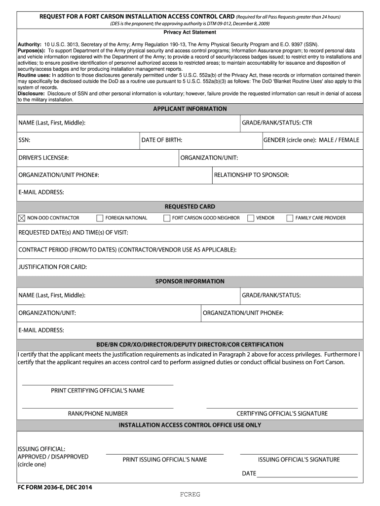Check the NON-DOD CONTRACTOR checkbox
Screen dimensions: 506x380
(22, 218)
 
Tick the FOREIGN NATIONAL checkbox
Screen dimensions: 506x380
(100, 218)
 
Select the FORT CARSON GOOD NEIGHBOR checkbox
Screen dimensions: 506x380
(167, 218)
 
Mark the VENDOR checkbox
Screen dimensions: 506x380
(251, 218)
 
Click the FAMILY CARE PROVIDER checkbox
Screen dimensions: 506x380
(290, 218)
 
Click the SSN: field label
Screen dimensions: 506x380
(25, 140)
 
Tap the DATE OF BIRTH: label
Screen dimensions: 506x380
(162, 140)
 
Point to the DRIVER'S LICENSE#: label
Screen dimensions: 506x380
(43, 158)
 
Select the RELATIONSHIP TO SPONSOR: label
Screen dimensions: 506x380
(251, 175)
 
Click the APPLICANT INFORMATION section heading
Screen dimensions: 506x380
(190, 109)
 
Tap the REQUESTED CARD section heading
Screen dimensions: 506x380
(190, 207)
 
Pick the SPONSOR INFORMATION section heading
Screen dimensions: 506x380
(190, 281)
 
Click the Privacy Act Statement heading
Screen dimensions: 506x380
(190, 32)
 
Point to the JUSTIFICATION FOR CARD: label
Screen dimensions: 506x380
(53, 267)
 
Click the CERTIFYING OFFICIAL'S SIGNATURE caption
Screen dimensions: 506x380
(282, 414)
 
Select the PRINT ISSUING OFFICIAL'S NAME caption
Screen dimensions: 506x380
(165, 460)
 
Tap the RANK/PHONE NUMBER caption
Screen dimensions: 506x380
(98, 414)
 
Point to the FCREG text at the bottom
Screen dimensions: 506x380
(190, 495)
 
